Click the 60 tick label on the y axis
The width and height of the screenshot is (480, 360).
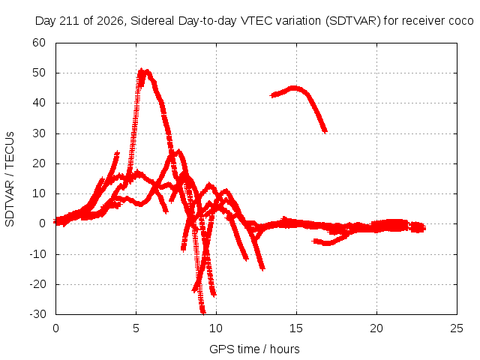tap(39, 43)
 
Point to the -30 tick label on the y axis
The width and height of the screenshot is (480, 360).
tap(37, 314)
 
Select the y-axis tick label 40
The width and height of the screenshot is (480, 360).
tap(39, 103)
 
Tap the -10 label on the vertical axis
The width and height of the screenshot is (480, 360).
tap(37, 254)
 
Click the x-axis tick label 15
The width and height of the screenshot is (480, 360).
tap(296, 328)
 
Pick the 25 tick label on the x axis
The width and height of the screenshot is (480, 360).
tap(457, 328)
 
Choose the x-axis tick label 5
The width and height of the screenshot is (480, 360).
tap(136, 328)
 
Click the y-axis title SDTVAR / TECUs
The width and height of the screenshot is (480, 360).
tap(10, 179)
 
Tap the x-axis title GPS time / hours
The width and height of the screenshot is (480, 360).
tap(254, 349)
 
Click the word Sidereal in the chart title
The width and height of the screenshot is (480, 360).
tap(152, 21)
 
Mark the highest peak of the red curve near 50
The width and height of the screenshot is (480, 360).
tap(141, 70)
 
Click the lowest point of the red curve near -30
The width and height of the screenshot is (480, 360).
tap(203, 312)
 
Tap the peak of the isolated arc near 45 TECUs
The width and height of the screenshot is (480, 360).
tap(293, 88)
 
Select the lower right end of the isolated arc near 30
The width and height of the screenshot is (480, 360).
tap(325, 131)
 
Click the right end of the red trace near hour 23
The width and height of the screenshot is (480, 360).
tap(424, 228)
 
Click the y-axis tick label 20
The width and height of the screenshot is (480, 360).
tap(39, 163)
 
